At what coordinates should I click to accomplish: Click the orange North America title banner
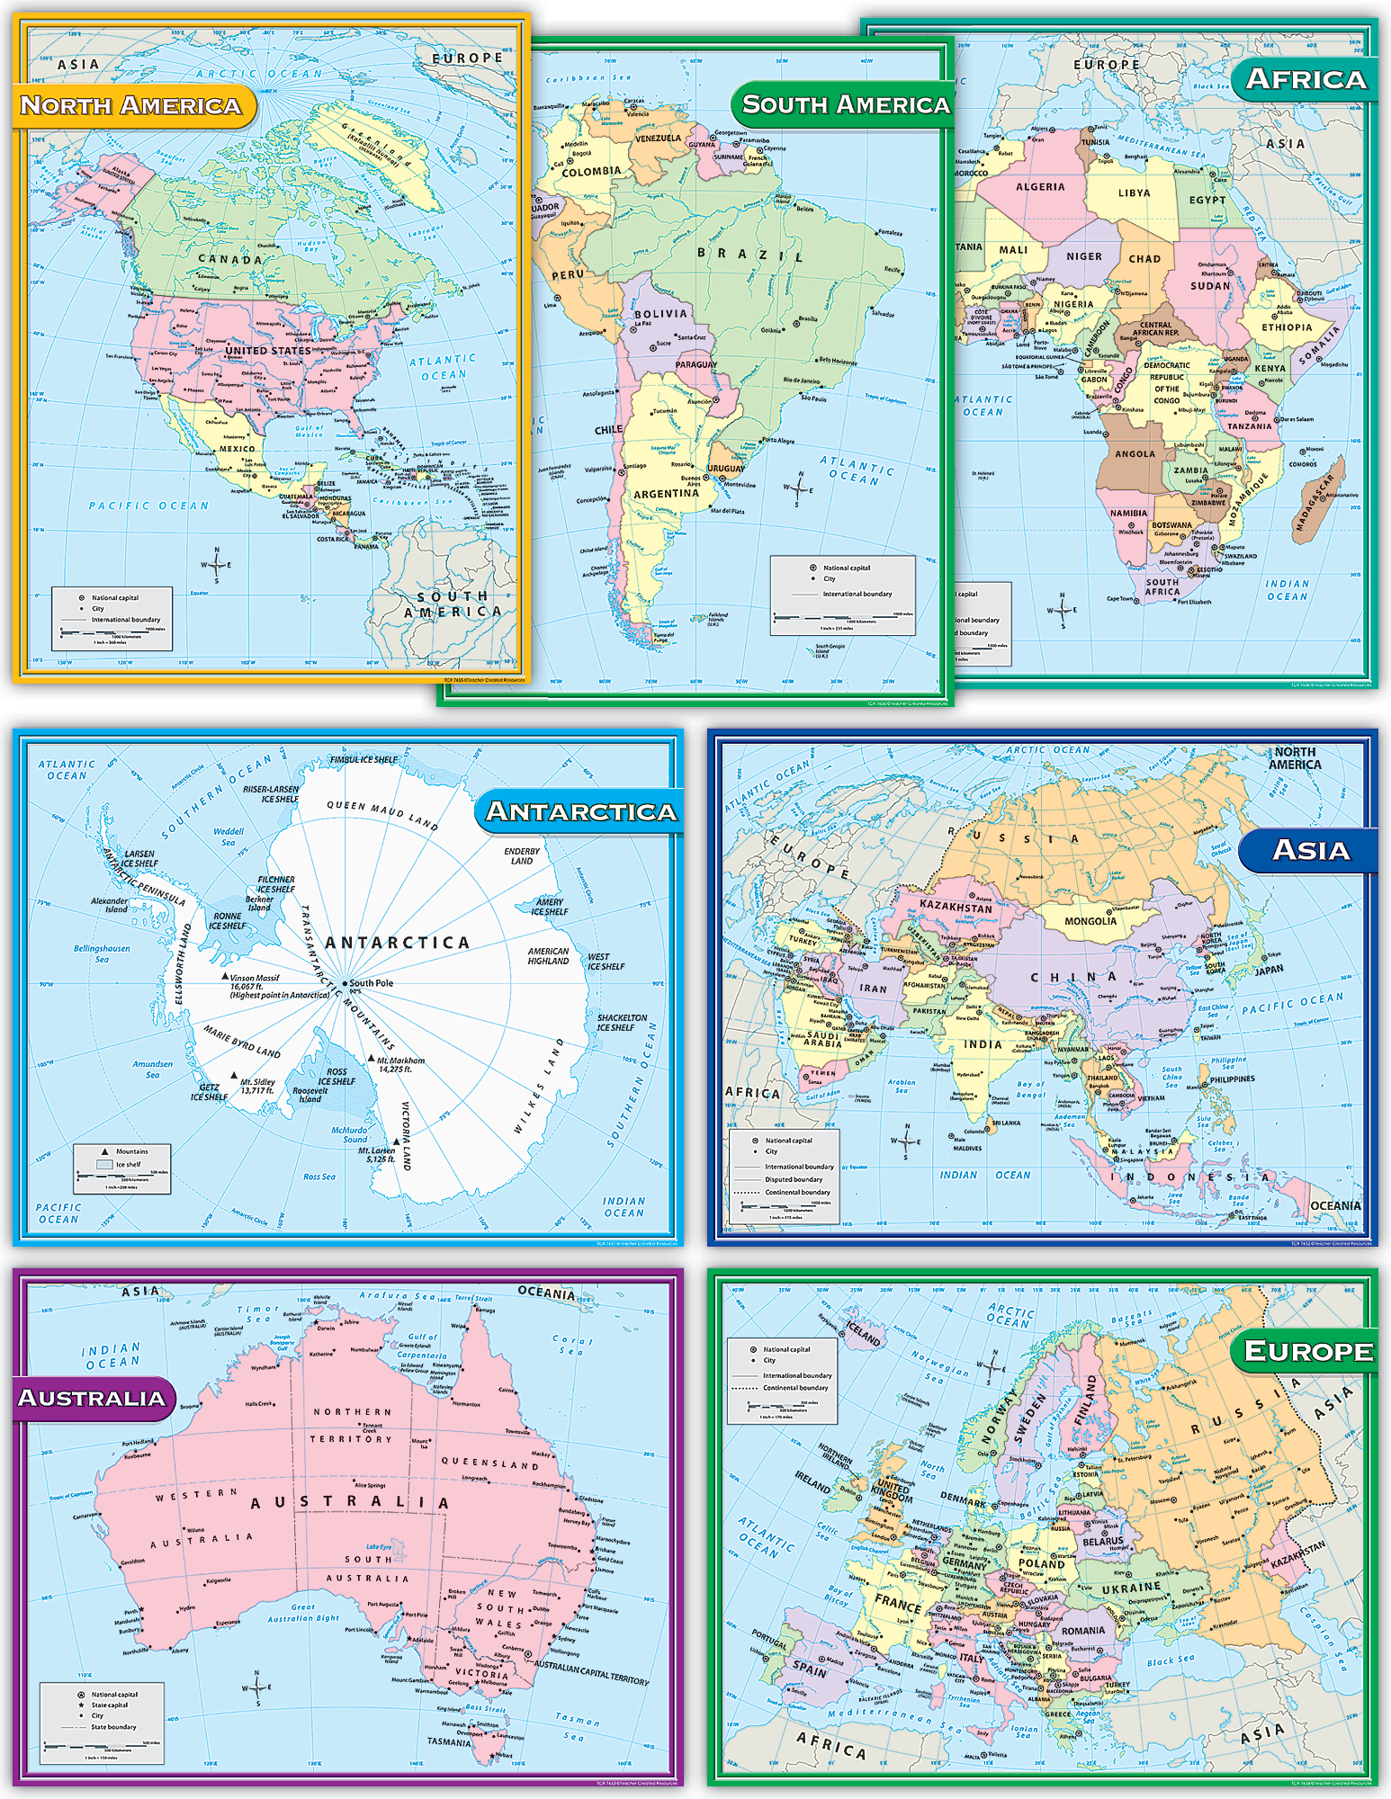pos(131,106)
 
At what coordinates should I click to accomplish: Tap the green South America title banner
pos(844,105)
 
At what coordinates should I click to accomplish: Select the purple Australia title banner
pos(92,1398)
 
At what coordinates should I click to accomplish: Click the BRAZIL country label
pos(750,255)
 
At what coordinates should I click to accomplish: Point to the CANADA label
pos(230,259)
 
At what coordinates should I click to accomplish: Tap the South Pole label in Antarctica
pos(371,983)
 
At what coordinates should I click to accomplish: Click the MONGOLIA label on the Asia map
pos(1090,921)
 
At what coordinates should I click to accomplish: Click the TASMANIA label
pos(449,1742)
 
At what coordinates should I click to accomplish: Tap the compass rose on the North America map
pos(216,564)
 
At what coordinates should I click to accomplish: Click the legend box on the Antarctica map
pos(121,1168)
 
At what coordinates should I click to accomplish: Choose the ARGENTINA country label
pos(666,494)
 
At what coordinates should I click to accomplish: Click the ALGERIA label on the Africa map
pos(1040,187)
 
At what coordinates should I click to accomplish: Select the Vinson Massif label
pos(255,978)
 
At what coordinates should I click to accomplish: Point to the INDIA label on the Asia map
pos(983,1044)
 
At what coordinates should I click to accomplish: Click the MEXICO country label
pos(238,449)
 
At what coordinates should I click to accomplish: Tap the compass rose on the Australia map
pos(257,1689)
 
